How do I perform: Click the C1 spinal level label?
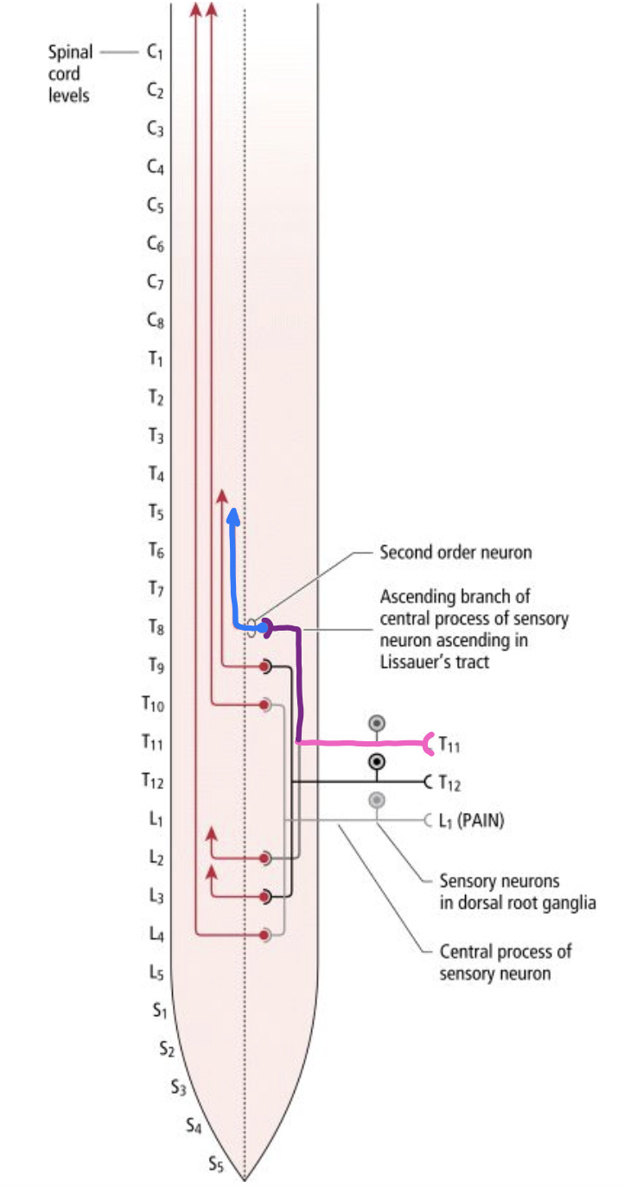click(x=155, y=53)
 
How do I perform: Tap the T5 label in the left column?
click(x=155, y=512)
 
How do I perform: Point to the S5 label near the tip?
click(x=217, y=1165)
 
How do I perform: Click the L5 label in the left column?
click(x=156, y=972)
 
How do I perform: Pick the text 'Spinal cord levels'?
click(x=70, y=73)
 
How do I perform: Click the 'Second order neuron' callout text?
click(x=455, y=552)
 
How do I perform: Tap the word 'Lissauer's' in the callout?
click(x=413, y=663)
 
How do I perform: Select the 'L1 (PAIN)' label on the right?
click(x=471, y=821)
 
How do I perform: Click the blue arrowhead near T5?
click(x=232, y=517)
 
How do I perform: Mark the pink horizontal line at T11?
click(x=363, y=742)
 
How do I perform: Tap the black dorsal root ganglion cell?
click(x=377, y=762)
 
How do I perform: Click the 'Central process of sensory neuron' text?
click(x=505, y=962)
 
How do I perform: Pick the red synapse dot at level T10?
click(x=265, y=705)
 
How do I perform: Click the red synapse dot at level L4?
click(x=265, y=934)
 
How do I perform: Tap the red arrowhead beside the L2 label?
click(x=211, y=834)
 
